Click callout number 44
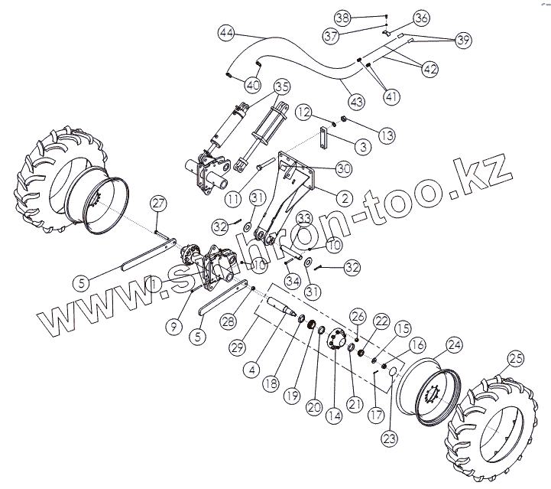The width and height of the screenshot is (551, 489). pyautogui.click(x=226, y=34)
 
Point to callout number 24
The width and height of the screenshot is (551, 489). pyautogui.click(x=454, y=346)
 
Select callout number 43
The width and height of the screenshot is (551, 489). pyautogui.click(x=357, y=100)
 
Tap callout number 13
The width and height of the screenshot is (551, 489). pyautogui.click(x=387, y=135)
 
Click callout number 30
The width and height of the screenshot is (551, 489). pyautogui.click(x=343, y=168)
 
